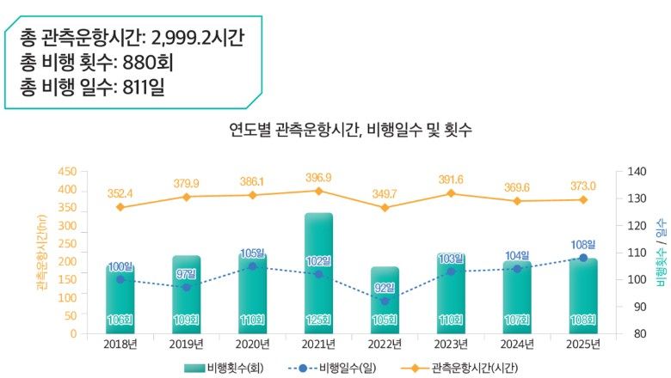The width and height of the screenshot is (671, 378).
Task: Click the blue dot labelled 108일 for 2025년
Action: (x=583, y=258)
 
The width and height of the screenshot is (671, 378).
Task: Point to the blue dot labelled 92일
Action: (x=385, y=302)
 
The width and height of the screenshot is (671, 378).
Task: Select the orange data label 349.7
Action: (x=385, y=194)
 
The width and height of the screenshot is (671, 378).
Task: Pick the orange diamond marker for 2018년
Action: (x=120, y=207)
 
